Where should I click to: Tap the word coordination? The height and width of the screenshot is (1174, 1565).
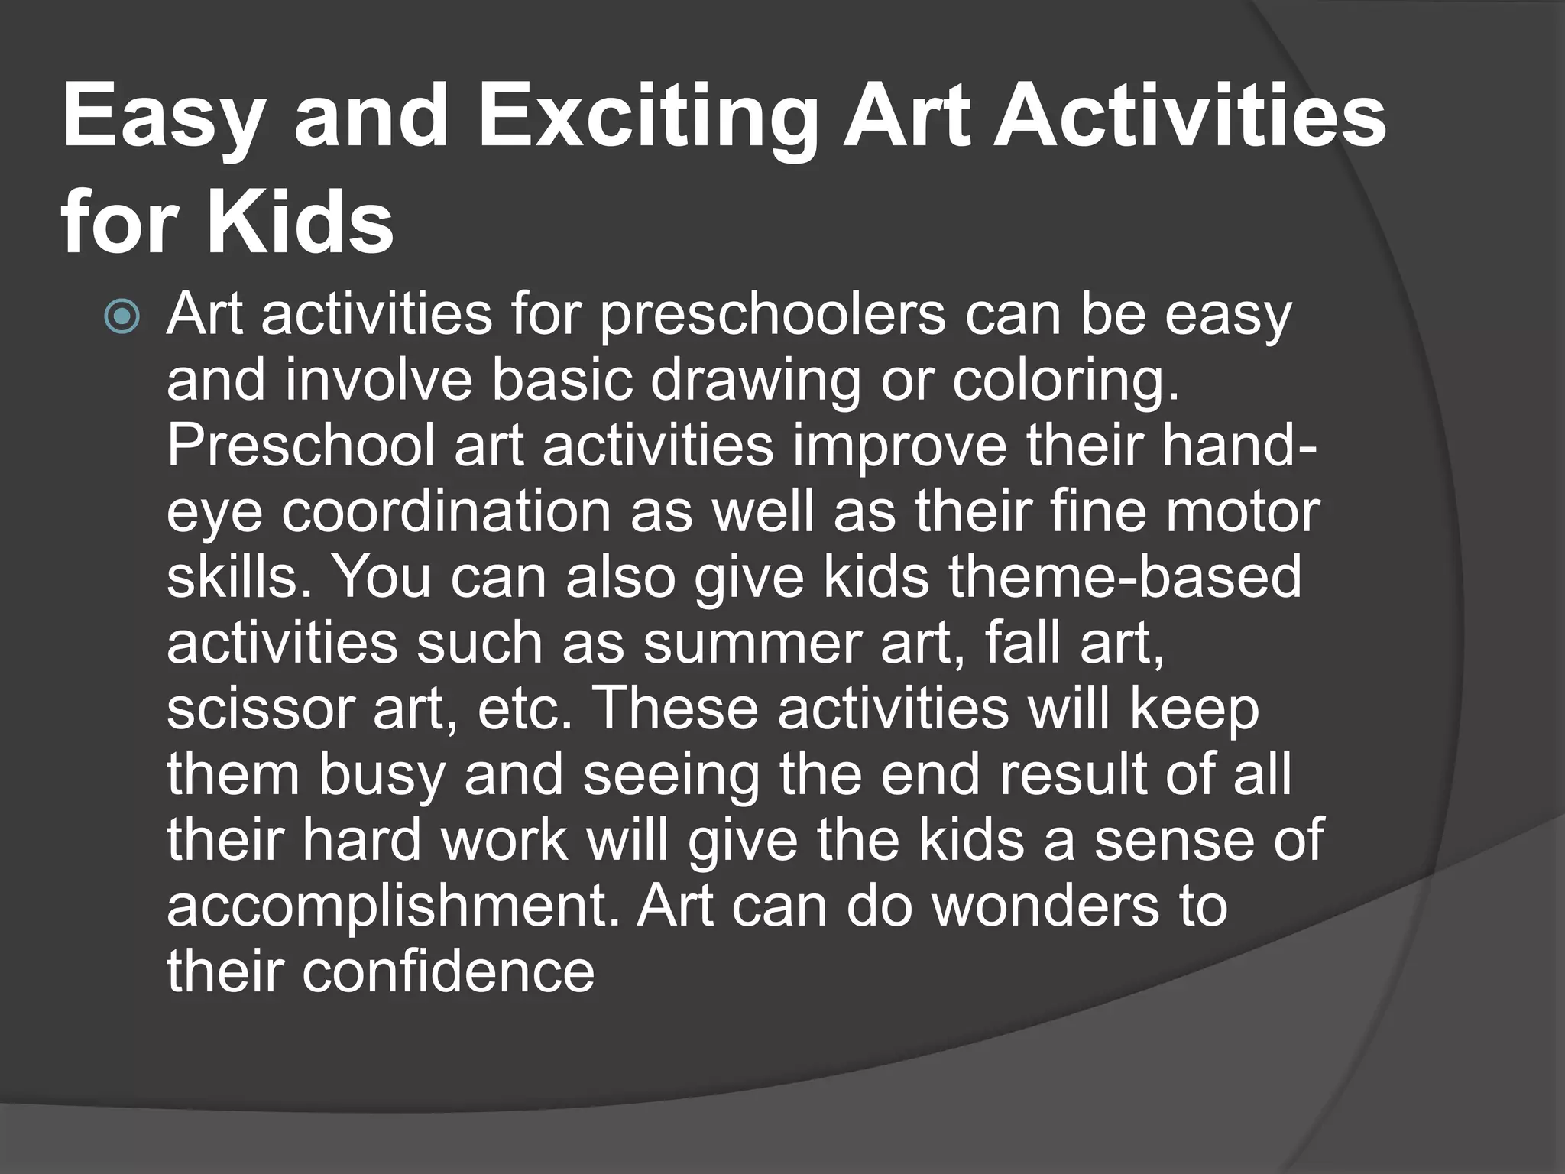(x=446, y=512)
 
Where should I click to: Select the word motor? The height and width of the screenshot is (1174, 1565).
(x=1241, y=512)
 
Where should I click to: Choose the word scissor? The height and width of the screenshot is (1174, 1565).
(x=260, y=709)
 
